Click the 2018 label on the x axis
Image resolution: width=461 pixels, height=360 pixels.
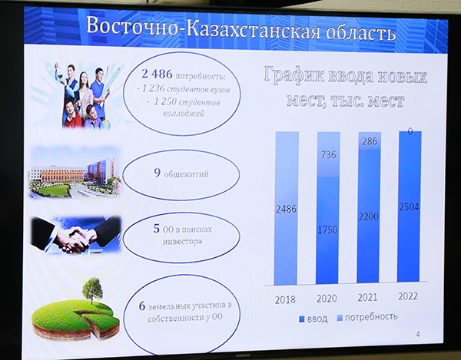tap(285, 300)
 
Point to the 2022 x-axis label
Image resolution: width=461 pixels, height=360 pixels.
tap(408, 296)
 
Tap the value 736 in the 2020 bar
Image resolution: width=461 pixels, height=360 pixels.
tap(328, 154)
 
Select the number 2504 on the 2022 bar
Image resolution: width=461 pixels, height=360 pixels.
tap(409, 207)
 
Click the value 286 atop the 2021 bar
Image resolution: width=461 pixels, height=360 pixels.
tap(370, 141)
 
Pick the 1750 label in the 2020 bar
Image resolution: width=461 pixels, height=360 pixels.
tap(327, 230)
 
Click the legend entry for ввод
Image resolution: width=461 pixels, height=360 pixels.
tap(313, 319)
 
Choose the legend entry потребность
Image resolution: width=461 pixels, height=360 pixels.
tap(367, 317)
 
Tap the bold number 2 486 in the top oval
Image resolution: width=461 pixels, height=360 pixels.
tap(157, 74)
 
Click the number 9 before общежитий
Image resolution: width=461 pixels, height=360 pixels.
tap(158, 173)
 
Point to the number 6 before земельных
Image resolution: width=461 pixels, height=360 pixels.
tap(142, 306)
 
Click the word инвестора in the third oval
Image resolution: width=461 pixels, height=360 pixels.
tap(182, 242)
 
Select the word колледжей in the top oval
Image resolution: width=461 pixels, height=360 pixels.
tap(183, 114)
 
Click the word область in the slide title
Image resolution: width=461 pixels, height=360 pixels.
tap(360, 31)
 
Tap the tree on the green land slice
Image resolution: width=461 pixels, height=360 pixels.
tap(92, 290)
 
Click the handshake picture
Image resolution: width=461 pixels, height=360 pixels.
tap(76, 235)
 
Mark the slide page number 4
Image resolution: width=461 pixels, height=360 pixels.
tap(418, 334)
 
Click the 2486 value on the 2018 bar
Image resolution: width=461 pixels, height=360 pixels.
tap(286, 209)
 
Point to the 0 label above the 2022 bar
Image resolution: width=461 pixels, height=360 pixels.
tap(410, 131)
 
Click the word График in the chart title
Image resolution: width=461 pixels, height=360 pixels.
tap(294, 75)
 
